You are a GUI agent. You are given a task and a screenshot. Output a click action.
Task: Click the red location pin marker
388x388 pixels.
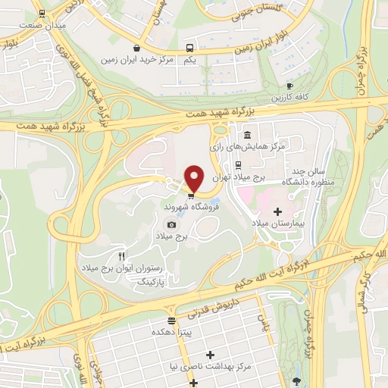(x=195, y=178)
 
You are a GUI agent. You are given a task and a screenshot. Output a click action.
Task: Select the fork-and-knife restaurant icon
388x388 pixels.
(x=121, y=256)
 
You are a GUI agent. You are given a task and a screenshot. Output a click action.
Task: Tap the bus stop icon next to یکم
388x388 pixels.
(x=190, y=45)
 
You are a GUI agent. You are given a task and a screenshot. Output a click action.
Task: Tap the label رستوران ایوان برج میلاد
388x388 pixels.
(x=120, y=268)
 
